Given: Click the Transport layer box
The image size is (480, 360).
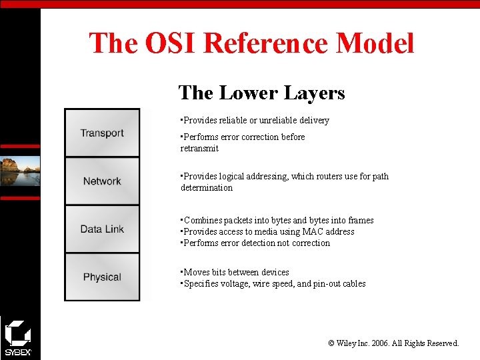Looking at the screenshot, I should click(x=102, y=133).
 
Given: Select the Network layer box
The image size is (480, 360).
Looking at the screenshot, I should click(x=102, y=181).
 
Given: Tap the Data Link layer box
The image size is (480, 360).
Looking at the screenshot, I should click(x=102, y=229).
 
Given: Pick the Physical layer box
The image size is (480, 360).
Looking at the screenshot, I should click(x=102, y=277).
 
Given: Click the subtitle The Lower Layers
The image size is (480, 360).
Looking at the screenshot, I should click(x=261, y=92).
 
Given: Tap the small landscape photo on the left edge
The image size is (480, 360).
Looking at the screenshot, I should click(x=20, y=171).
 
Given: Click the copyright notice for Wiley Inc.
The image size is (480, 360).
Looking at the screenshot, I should click(x=393, y=343).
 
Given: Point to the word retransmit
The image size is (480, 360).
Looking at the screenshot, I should click(x=199, y=149).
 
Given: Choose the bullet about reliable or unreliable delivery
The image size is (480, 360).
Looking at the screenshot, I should click(x=256, y=120).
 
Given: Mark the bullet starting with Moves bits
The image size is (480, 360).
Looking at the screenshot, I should click(x=236, y=272).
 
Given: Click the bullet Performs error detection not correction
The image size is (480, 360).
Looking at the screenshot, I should click(x=256, y=243).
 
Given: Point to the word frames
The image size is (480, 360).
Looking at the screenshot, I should click(x=360, y=220).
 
